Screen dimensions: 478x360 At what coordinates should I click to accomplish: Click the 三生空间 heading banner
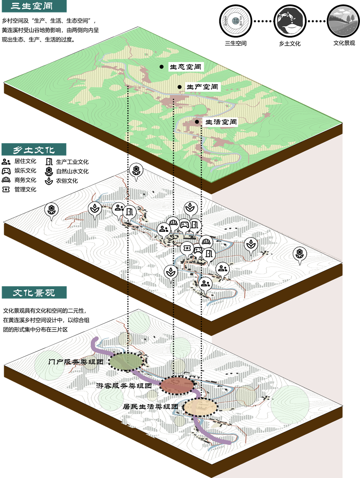tap(33, 6)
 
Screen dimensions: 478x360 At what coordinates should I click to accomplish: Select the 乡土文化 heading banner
tap(33, 149)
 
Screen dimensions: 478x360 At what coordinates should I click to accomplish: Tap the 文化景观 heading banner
tap(33, 292)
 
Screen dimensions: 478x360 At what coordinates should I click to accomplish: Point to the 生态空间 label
tap(186, 67)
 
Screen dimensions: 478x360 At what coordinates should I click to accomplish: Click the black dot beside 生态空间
tap(161, 67)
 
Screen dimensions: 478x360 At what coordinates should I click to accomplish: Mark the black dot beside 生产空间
tap(179, 87)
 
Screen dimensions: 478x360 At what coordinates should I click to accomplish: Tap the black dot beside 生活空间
tap(196, 122)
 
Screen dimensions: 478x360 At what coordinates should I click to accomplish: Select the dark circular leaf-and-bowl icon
tap(290, 21)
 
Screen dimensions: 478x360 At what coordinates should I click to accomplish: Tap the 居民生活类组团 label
tap(151, 406)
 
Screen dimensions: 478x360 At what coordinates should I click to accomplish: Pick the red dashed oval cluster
tap(177, 385)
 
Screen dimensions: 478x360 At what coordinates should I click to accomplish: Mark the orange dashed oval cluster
tap(200, 407)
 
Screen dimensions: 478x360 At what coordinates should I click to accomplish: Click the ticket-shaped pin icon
tap(187, 248)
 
